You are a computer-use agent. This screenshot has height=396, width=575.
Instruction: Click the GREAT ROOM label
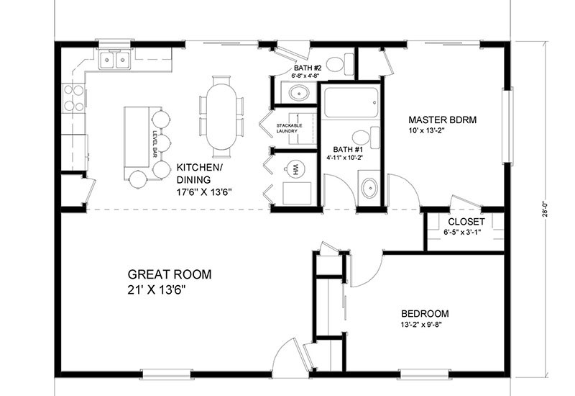[170, 274]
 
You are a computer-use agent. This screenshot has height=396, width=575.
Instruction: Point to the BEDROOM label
[425, 313]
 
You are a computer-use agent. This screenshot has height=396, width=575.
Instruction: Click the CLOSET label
[466, 221]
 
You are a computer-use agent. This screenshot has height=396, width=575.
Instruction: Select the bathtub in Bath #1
[350, 103]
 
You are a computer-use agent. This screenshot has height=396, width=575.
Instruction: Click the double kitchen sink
[114, 59]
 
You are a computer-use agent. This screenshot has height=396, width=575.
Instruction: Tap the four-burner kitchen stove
[73, 97]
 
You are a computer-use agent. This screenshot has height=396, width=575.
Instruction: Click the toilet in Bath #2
[338, 64]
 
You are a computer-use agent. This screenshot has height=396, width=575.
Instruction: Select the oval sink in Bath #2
[297, 93]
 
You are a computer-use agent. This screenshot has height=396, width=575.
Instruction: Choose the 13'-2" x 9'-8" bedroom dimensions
[424, 326]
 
